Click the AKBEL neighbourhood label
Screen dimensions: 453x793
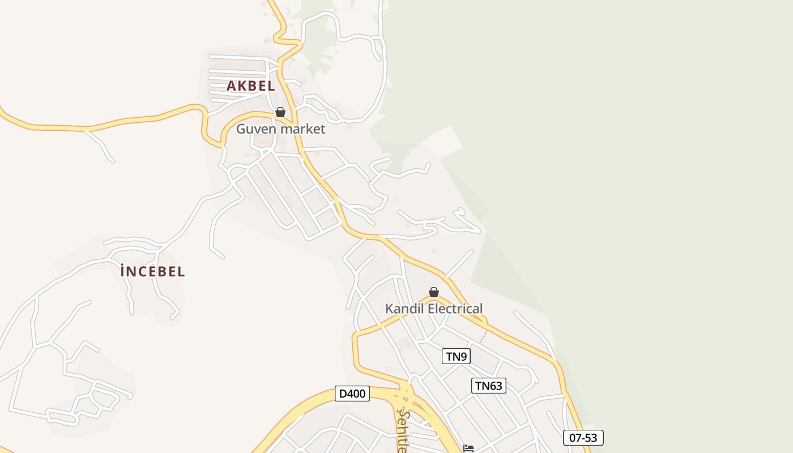[x=250, y=86]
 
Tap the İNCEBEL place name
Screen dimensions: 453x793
[x=153, y=272]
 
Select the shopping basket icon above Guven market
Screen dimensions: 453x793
[x=280, y=112]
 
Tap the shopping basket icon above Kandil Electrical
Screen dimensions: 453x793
[x=434, y=292]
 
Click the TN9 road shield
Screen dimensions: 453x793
[x=456, y=356]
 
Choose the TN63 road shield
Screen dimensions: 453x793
[x=488, y=386]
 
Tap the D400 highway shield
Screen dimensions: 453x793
[x=352, y=394]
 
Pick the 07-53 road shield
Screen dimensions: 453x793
[x=583, y=438]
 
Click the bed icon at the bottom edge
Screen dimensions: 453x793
[x=468, y=448]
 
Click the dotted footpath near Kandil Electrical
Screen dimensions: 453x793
[x=482, y=337]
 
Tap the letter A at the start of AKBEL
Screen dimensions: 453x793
[x=231, y=86]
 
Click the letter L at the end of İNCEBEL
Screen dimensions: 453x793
[x=181, y=272]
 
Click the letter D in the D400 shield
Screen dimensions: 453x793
[x=342, y=394]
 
